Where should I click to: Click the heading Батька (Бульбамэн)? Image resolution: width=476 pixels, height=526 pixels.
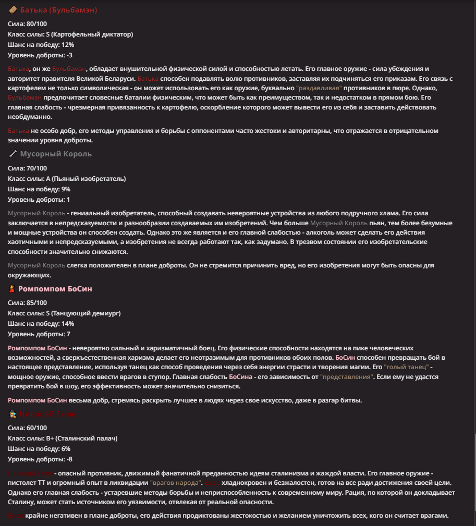pos(58,10)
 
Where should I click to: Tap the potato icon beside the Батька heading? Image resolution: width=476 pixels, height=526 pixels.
pos(13,10)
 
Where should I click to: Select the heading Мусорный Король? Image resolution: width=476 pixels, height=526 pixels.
pos(56,154)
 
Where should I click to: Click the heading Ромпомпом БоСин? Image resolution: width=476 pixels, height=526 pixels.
pos(55,289)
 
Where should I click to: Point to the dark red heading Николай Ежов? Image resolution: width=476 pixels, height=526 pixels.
pos(48,414)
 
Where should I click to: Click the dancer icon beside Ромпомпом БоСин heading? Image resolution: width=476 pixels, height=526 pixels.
pos(13,289)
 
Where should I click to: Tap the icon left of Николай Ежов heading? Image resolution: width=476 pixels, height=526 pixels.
pos(13,414)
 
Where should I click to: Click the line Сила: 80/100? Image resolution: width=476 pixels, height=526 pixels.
pos(28,24)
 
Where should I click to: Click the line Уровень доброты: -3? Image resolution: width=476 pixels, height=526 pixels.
pos(40,55)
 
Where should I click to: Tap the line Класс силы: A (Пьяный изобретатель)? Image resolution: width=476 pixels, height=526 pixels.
pos(67,179)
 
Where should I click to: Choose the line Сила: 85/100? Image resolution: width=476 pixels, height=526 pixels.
pos(28,303)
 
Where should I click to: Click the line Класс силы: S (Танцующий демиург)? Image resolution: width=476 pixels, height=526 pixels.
pos(64,313)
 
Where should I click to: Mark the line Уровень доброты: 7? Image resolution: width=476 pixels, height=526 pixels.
pos(39,334)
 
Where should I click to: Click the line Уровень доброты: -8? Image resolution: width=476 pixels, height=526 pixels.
pos(40,459)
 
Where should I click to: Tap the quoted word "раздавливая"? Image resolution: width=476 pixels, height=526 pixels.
pos(319,88)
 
